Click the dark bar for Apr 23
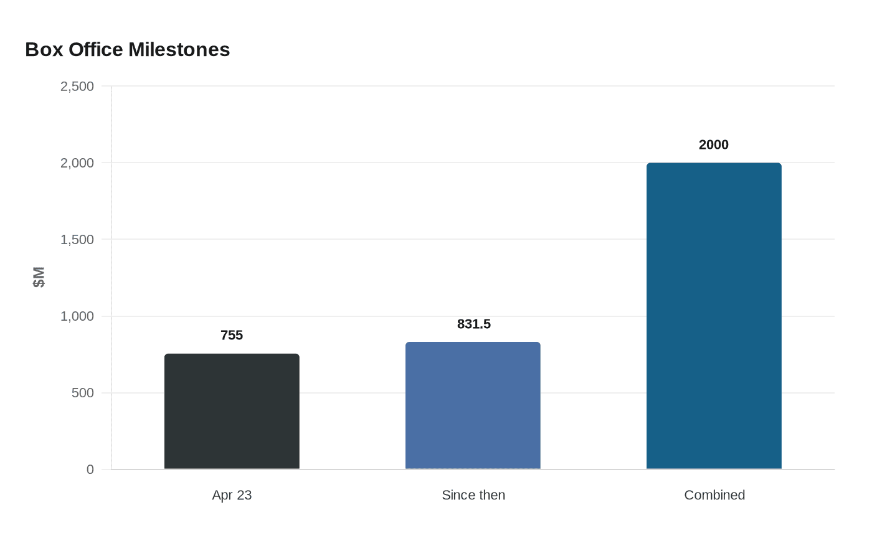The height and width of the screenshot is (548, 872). tap(232, 411)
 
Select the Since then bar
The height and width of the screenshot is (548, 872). tap(473, 405)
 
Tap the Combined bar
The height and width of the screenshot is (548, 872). tap(714, 316)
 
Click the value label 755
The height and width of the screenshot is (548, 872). tap(232, 336)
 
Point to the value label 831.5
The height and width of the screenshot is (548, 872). tap(473, 324)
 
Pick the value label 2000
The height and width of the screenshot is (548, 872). tap(714, 145)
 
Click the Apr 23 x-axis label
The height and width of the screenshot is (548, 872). tap(232, 495)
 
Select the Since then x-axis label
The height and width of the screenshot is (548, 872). tap(473, 495)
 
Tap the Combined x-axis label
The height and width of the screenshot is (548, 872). tap(714, 495)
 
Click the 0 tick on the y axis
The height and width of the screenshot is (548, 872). tap(90, 470)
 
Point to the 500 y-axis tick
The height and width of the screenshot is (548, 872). tap(83, 393)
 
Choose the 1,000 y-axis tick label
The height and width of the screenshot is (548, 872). tap(77, 316)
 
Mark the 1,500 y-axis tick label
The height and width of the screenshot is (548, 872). tap(77, 240)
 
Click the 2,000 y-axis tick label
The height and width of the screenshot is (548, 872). tap(77, 163)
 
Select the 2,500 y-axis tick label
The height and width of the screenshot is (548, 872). tap(77, 87)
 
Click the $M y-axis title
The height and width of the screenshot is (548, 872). tap(39, 277)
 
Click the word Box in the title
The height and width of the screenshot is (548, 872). tap(44, 50)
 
